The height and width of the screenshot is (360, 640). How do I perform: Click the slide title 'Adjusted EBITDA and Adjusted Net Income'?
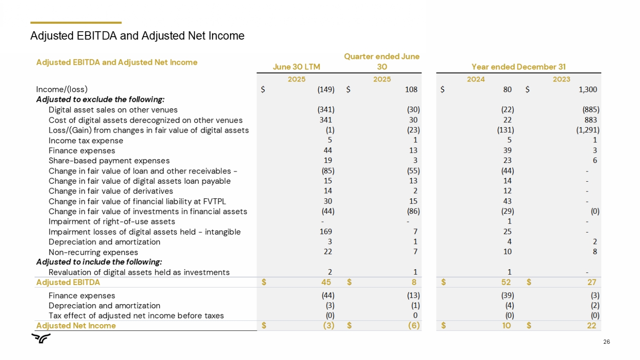point(137,36)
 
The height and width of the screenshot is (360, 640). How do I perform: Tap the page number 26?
point(606,342)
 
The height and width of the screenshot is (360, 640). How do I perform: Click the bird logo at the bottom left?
point(41,339)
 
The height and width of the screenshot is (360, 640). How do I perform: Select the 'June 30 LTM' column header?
point(296,67)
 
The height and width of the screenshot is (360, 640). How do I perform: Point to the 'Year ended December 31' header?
point(518,67)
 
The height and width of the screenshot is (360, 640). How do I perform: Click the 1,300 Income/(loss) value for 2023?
point(588,90)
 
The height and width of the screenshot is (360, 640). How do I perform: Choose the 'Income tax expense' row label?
point(86,141)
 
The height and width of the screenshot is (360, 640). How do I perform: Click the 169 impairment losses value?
point(326,232)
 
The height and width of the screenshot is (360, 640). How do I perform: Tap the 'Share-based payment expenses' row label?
point(109,161)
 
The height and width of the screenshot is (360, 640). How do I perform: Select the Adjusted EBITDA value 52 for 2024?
point(506,282)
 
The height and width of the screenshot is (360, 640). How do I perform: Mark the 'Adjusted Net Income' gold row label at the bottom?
point(76,326)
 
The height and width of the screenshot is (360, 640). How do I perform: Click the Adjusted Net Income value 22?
point(591,326)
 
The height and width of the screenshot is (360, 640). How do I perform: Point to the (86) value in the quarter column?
point(413,211)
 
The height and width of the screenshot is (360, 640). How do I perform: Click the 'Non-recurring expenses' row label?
point(93,253)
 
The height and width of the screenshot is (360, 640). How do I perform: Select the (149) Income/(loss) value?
point(326,90)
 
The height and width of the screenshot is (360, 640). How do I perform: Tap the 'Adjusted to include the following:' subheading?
point(99,262)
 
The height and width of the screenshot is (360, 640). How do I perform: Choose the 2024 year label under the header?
point(476,79)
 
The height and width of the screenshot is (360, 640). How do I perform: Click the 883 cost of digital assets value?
point(591,120)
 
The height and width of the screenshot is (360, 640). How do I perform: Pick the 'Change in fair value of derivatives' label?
point(111,191)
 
